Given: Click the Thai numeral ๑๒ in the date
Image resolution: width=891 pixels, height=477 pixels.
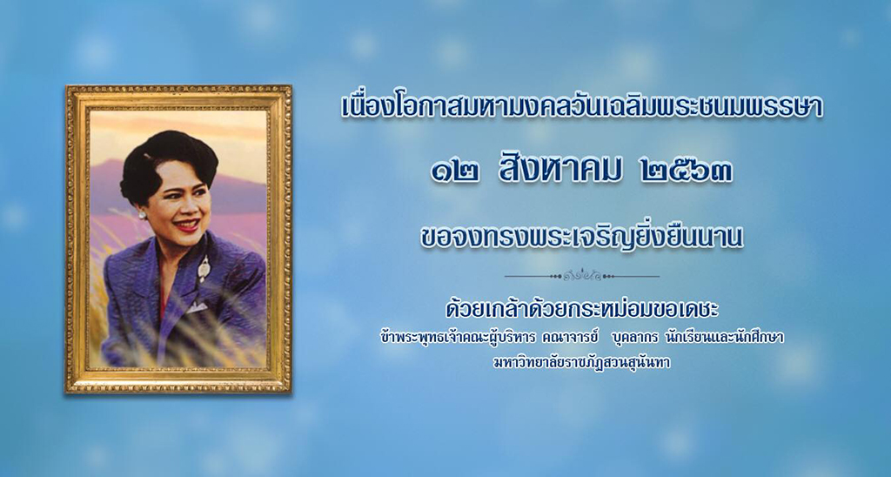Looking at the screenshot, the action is [x=454, y=171].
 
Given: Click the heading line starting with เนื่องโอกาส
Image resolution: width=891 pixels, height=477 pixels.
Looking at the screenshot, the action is [x=582, y=108].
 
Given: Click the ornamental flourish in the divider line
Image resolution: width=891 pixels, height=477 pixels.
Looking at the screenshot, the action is [x=582, y=276].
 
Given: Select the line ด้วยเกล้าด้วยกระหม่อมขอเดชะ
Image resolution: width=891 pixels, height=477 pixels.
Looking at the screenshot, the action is [x=582, y=310].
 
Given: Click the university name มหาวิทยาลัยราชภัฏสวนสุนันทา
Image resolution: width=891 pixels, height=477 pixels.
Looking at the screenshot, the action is [x=582, y=363].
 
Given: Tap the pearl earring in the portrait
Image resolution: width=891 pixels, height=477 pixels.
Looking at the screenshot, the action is [x=142, y=215].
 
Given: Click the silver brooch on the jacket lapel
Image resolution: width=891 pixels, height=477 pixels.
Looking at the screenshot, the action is [x=203, y=266].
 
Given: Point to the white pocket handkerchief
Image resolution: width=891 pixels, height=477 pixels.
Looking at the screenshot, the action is [x=197, y=307].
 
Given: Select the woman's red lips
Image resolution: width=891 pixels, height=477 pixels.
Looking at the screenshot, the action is [x=186, y=225].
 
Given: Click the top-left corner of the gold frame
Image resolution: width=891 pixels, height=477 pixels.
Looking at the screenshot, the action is [x=66, y=86].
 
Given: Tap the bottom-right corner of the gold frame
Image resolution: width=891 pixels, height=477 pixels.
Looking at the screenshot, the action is [x=291, y=393].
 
